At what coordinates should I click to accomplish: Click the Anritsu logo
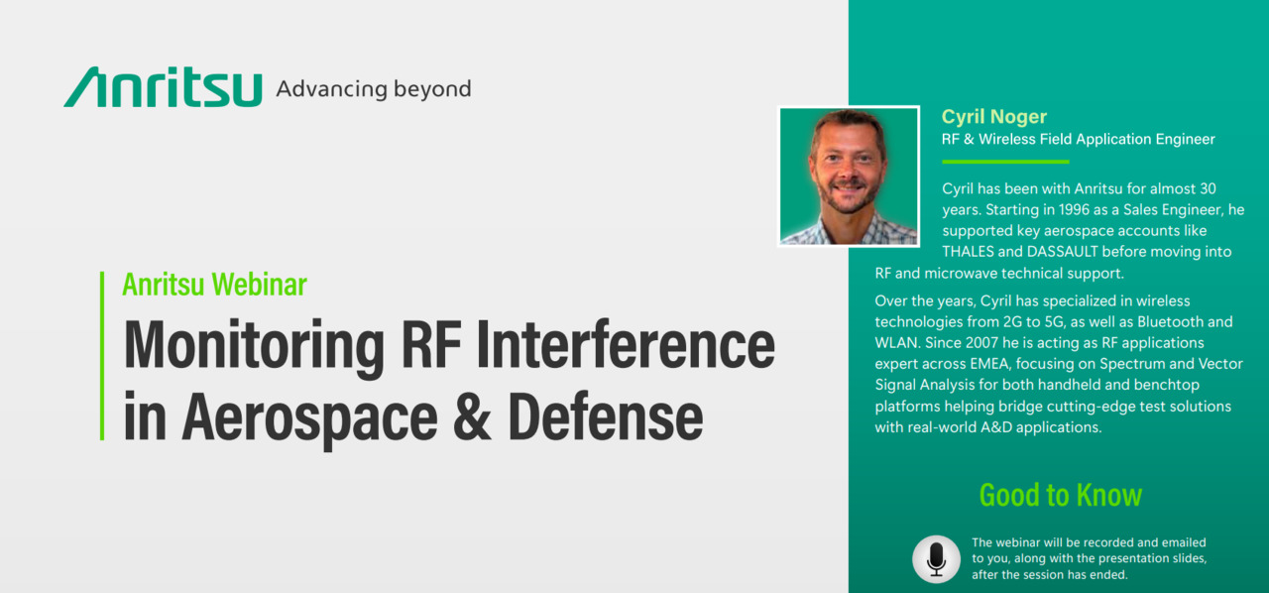pyautogui.click(x=164, y=86)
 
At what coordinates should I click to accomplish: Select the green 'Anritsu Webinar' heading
pyautogui.click(x=215, y=285)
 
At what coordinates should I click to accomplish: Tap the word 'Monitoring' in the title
pyautogui.click(x=254, y=345)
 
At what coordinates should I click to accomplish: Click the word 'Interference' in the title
pyautogui.click(x=626, y=344)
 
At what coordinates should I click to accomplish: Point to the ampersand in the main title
pyautogui.click(x=472, y=416)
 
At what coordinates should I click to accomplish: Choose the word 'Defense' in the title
pyautogui.click(x=606, y=416)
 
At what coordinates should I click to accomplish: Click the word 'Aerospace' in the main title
pyautogui.click(x=310, y=420)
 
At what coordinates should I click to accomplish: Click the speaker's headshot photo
pyautogui.click(x=849, y=177)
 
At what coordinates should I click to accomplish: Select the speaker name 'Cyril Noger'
pyautogui.click(x=993, y=117)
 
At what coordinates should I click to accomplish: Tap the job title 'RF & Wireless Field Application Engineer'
pyautogui.click(x=1078, y=140)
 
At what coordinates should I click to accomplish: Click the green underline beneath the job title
pyautogui.click(x=1005, y=162)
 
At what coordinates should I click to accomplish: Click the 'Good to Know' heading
pyautogui.click(x=1061, y=496)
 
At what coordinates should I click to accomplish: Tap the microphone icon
pyautogui.click(x=937, y=559)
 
